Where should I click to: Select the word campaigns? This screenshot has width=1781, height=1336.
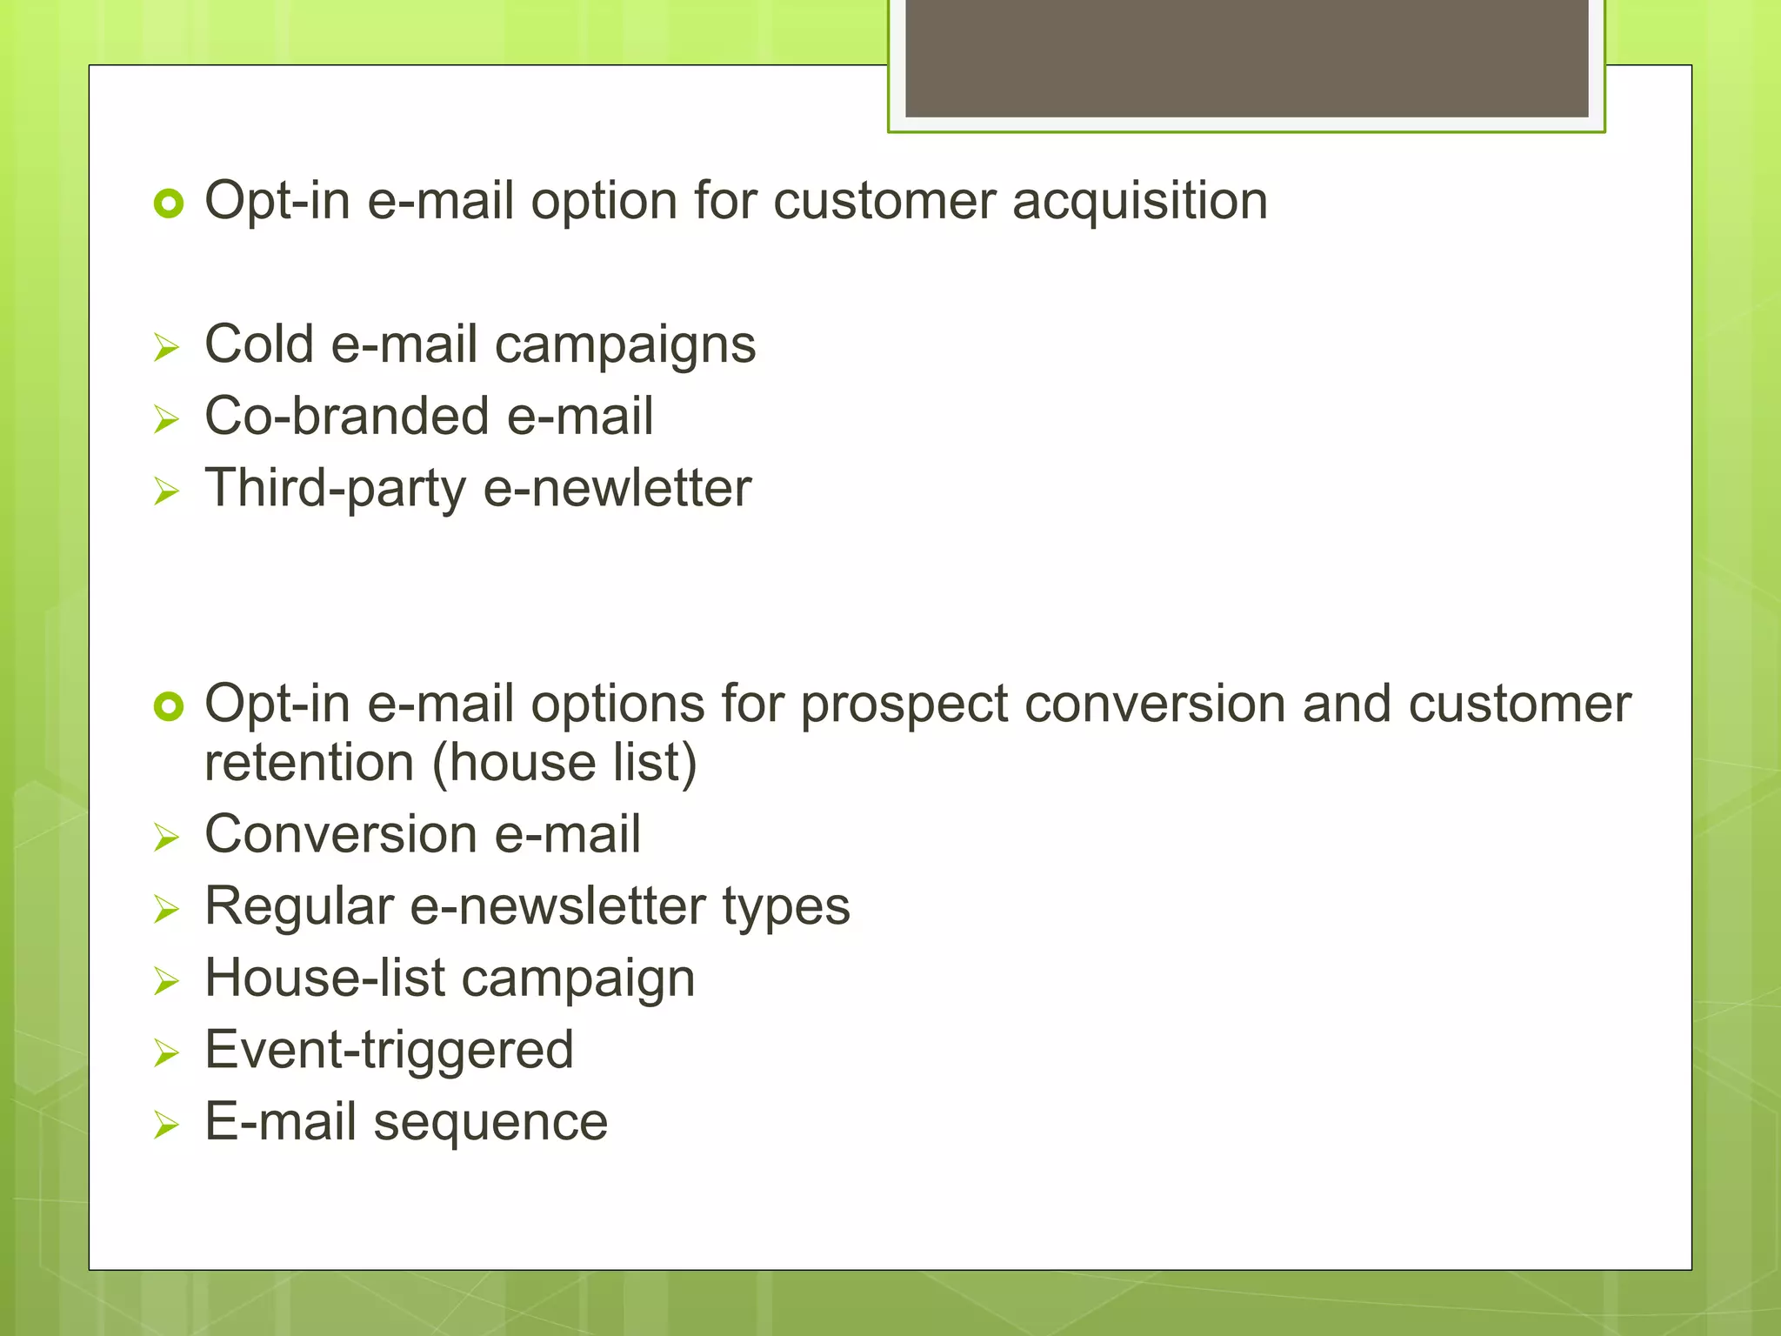[x=624, y=346]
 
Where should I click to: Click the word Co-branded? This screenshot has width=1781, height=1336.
[x=347, y=416]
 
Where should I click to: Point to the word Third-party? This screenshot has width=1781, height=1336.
[x=335, y=489]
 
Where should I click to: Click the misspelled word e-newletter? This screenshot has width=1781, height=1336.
[x=617, y=489]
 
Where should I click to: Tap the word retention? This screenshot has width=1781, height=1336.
[x=309, y=763]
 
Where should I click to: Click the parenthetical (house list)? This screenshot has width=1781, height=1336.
[x=564, y=763]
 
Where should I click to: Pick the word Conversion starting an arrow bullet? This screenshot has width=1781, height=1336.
[x=340, y=834]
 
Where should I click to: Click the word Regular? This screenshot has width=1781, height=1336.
[x=299, y=906]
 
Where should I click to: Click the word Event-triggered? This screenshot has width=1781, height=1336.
[x=389, y=1051]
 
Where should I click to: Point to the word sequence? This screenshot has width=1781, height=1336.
[x=490, y=1123]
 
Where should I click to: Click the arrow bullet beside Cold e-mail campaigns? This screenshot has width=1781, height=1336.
[x=165, y=348]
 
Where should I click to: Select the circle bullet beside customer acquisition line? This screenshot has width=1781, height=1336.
[x=168, y=204]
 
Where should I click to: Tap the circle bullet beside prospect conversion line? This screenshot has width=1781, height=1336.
[x=168, y=706]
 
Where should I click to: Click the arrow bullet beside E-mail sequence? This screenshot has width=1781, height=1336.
[x=165, y=1126]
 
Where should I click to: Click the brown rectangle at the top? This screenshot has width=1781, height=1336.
[x=1246, y=57]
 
